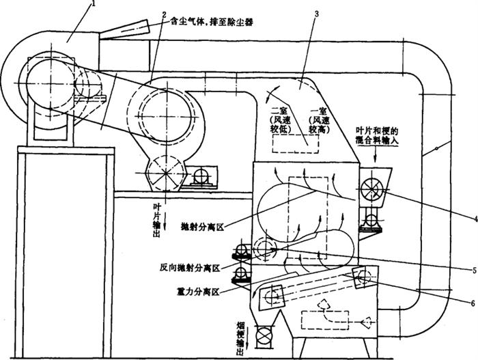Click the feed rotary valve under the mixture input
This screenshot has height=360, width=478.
[373, 186]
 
